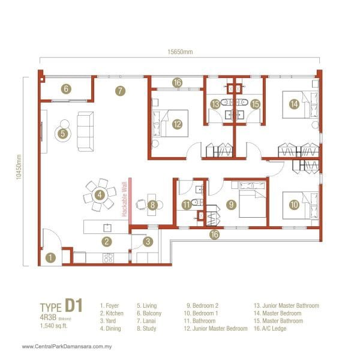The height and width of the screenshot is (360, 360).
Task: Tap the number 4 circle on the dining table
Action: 100,194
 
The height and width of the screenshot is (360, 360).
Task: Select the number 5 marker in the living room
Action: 63,134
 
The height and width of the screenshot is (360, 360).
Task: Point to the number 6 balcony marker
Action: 66,89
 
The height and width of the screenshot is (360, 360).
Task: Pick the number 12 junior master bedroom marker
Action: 176,124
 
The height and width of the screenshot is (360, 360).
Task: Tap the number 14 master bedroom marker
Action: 293,104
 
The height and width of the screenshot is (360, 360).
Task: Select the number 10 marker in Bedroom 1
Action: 293,205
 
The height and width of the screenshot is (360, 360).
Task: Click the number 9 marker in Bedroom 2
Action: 230,205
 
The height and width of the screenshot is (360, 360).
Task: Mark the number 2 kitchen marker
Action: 106,242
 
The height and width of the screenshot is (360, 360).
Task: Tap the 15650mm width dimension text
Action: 180,52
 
